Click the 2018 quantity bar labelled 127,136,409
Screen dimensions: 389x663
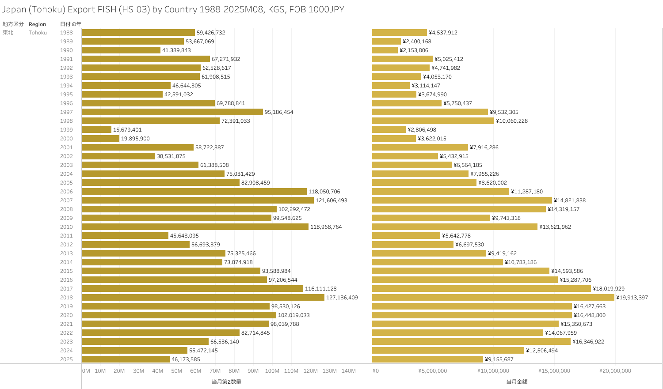(x=203, y=298)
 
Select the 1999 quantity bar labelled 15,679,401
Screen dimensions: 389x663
(x=96, y=130)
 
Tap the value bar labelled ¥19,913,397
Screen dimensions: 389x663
(x=493, y=298)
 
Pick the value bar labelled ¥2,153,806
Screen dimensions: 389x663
(x=385, y=50)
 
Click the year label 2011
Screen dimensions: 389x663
(x=66, y=236)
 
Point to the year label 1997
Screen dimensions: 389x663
(x=66, y=112)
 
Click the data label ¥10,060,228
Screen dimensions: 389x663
(x=512, y=121)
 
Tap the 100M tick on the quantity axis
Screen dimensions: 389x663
(x=272, y=371)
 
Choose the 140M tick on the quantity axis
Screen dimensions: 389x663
(x=348, y=371)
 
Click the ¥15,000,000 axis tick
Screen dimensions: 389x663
(x=554, y=371)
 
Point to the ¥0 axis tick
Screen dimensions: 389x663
(x=375, y=371)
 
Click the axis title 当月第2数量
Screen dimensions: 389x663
(x=226, y=381)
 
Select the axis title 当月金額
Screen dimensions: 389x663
(x=517, y=381)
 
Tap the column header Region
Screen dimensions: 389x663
(x=37, y=24)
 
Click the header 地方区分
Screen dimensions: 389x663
(x=13, y=24)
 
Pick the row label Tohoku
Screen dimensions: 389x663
(x=38, y=33)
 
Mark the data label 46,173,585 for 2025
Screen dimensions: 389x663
(x=186, y=359)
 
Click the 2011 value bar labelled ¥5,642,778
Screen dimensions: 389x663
(x=406, y=236)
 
